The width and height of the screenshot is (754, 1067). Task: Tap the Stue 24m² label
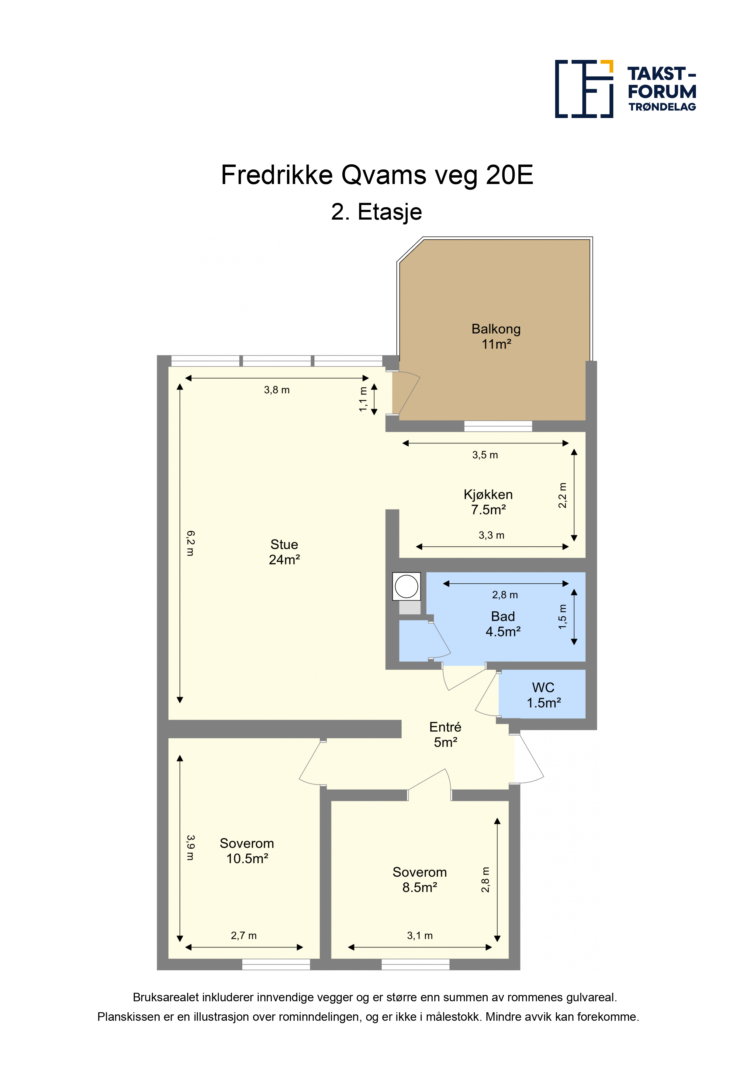284,552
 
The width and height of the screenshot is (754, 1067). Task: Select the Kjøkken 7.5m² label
488,502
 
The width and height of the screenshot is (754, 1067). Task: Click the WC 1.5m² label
544,695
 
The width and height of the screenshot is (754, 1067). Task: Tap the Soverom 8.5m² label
420,880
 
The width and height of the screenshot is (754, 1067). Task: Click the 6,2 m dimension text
190,543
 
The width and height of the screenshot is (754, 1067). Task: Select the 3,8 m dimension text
277,390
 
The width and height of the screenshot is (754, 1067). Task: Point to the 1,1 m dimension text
363,399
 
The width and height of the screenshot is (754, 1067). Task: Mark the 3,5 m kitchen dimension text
485,455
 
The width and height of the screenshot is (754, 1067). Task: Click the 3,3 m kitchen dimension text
492,535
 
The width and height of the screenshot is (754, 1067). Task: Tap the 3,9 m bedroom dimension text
190,848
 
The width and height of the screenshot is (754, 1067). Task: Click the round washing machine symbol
406,586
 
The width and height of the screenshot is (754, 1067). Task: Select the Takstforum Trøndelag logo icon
584,89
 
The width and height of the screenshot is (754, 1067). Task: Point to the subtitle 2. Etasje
376,212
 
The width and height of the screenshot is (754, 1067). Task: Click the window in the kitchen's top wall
498,426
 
